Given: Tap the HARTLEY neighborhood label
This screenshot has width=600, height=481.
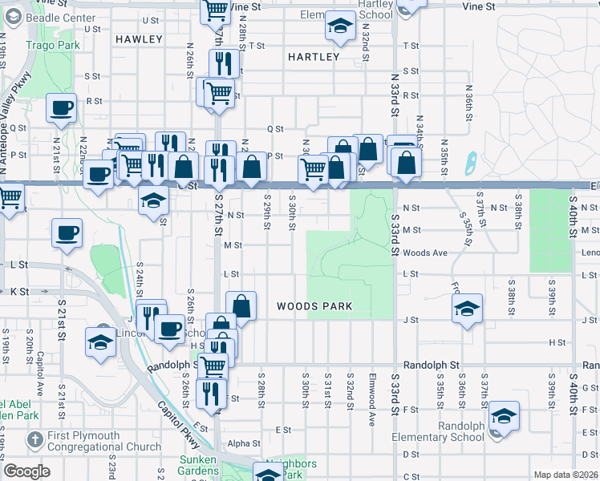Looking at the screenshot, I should [x=313, y=57].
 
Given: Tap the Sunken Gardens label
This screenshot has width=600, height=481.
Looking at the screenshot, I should [x=198, y=464].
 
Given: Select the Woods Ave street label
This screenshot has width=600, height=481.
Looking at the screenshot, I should [x=424, y=253].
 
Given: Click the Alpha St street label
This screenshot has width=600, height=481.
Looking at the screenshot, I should [x=244, y=443].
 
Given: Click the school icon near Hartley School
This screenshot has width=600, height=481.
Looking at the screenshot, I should [x=340, y=26].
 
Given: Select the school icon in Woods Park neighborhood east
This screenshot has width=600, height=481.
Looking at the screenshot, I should [x=466, y=309].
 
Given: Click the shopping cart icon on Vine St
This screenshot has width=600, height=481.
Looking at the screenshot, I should [x=214, y=10].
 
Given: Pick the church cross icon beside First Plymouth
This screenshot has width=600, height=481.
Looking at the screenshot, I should [x=34, y=439].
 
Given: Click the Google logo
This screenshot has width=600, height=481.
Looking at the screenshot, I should [x=26, y=471].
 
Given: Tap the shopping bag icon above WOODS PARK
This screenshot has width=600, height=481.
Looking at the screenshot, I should [x=241, y=305].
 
